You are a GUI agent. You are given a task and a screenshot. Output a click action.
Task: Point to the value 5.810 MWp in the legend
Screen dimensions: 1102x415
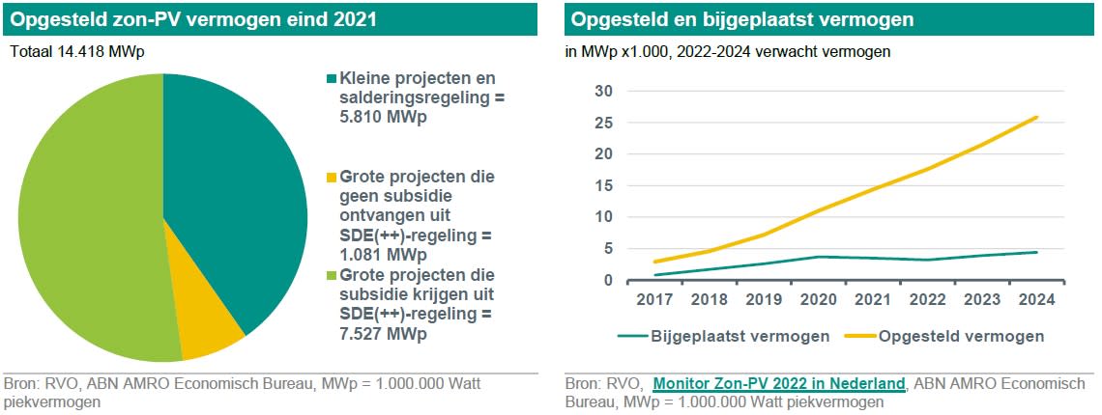tap(383, 119)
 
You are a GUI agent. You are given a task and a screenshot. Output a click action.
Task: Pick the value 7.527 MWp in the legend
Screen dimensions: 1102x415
tap(383, 334)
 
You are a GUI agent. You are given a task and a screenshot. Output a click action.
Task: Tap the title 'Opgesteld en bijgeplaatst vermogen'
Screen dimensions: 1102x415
tap(742, 19)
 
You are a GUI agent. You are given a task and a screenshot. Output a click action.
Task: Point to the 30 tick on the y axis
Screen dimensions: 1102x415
tap(605, 92)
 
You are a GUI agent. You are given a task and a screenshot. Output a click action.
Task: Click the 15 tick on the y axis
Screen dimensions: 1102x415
tap(605, 186)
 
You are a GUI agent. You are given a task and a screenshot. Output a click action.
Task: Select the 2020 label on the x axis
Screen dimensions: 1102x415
tap(818, 299)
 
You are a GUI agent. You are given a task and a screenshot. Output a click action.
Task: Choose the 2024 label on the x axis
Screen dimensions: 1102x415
tap(1037, 299)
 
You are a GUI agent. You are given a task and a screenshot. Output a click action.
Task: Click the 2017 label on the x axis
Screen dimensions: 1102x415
tap(653, 299)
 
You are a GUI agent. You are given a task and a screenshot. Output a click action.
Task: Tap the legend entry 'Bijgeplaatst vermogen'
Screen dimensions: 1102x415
tap(723, 337)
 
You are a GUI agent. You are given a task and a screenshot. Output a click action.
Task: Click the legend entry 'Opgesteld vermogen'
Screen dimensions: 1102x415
tap(951, 337)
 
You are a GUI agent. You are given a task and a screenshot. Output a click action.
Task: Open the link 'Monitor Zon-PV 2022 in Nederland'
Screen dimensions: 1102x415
tap(779, 383)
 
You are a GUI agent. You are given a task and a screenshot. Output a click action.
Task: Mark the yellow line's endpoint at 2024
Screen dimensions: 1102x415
tap(1036, 118)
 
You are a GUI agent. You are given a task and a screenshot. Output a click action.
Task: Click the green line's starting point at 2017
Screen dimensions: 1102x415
tap(654, 274)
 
